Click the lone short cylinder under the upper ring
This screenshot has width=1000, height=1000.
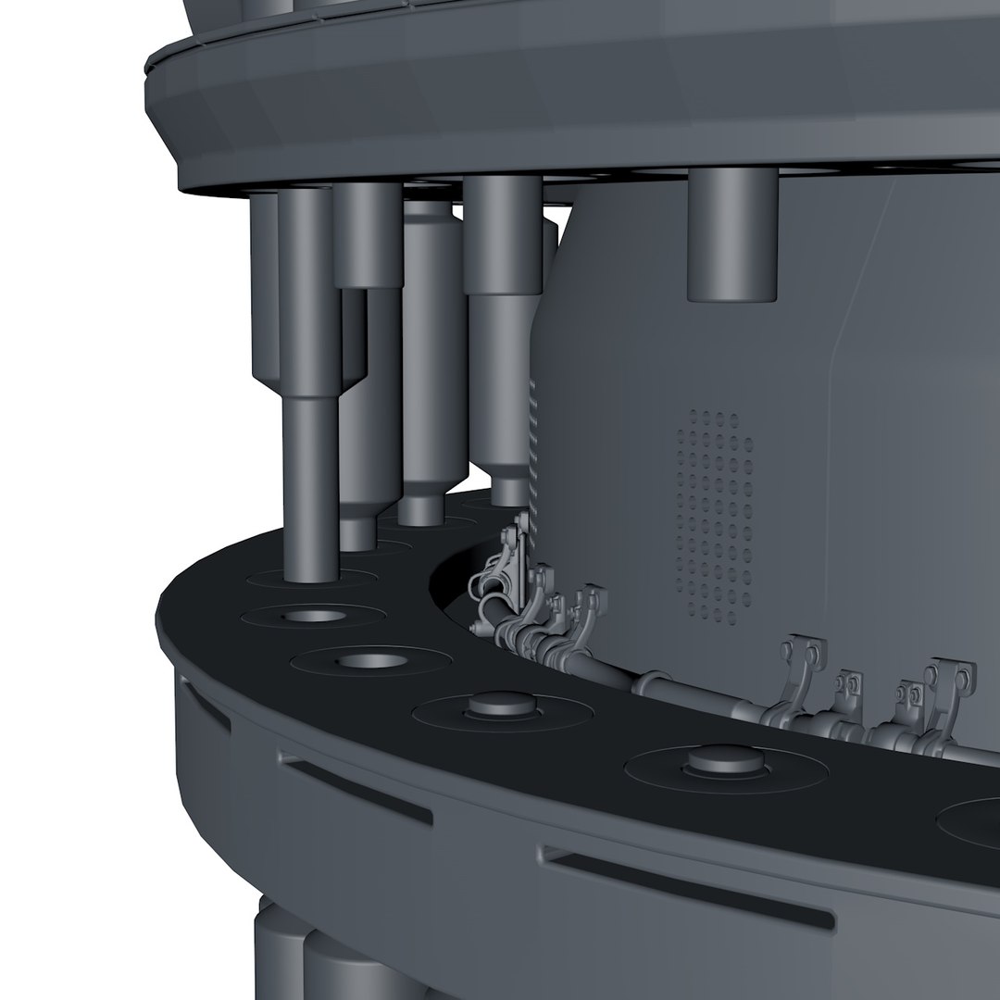[x=731, y=236]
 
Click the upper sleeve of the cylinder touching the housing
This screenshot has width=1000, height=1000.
[x=503, y=236]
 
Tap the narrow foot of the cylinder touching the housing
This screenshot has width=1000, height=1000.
[x=507, y=486]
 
